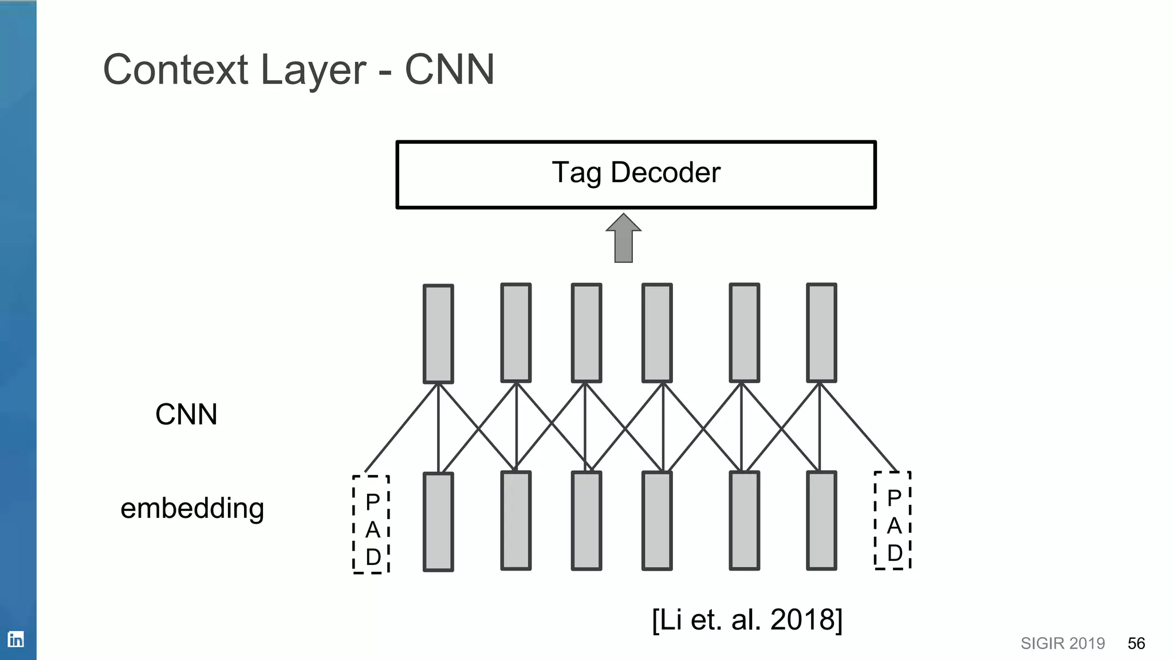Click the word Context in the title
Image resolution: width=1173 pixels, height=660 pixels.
pyautogui.click(x=175, y=70)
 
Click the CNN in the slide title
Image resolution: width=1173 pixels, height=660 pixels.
pyautogui.click(x=449, y=70)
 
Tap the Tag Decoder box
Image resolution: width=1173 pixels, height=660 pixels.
pyautogui.click(x=636, y=174)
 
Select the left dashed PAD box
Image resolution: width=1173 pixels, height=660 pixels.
pyautogui.click(x=371, y=524)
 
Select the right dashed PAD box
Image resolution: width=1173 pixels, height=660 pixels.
pyautogui.click(x=892, y=520)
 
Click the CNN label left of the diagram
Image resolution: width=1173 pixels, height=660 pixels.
pyautogui.click(x=186, y=414)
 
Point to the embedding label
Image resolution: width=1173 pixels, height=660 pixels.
pyautogui.click(x=192, y=508)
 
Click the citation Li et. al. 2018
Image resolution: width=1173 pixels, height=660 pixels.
pyautogui.click(x=747, y=619)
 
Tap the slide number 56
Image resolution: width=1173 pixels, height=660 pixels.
pyautogui.click(x=1136, y=643)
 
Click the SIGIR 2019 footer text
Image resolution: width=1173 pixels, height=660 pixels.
pyautogui.click(x=1062, y=643)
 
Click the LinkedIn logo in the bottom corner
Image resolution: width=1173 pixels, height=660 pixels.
pyautogui.click(x=16, y=639)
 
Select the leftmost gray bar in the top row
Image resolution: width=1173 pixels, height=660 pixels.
pyautogui.click(x=438, y=333)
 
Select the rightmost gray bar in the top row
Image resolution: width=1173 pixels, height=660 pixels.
pyautogui.click(x=821, y=333)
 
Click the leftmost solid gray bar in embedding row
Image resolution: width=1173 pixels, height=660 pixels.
pyautogui.click(x=438, y=521)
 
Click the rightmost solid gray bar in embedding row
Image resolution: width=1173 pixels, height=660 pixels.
pyautogui.click(x=821, y=520)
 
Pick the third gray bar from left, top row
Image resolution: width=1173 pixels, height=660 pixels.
pyautogui.click(x=586, y=333)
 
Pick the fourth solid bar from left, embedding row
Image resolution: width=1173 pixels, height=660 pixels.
pyautogui.click(x=656, y=520)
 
